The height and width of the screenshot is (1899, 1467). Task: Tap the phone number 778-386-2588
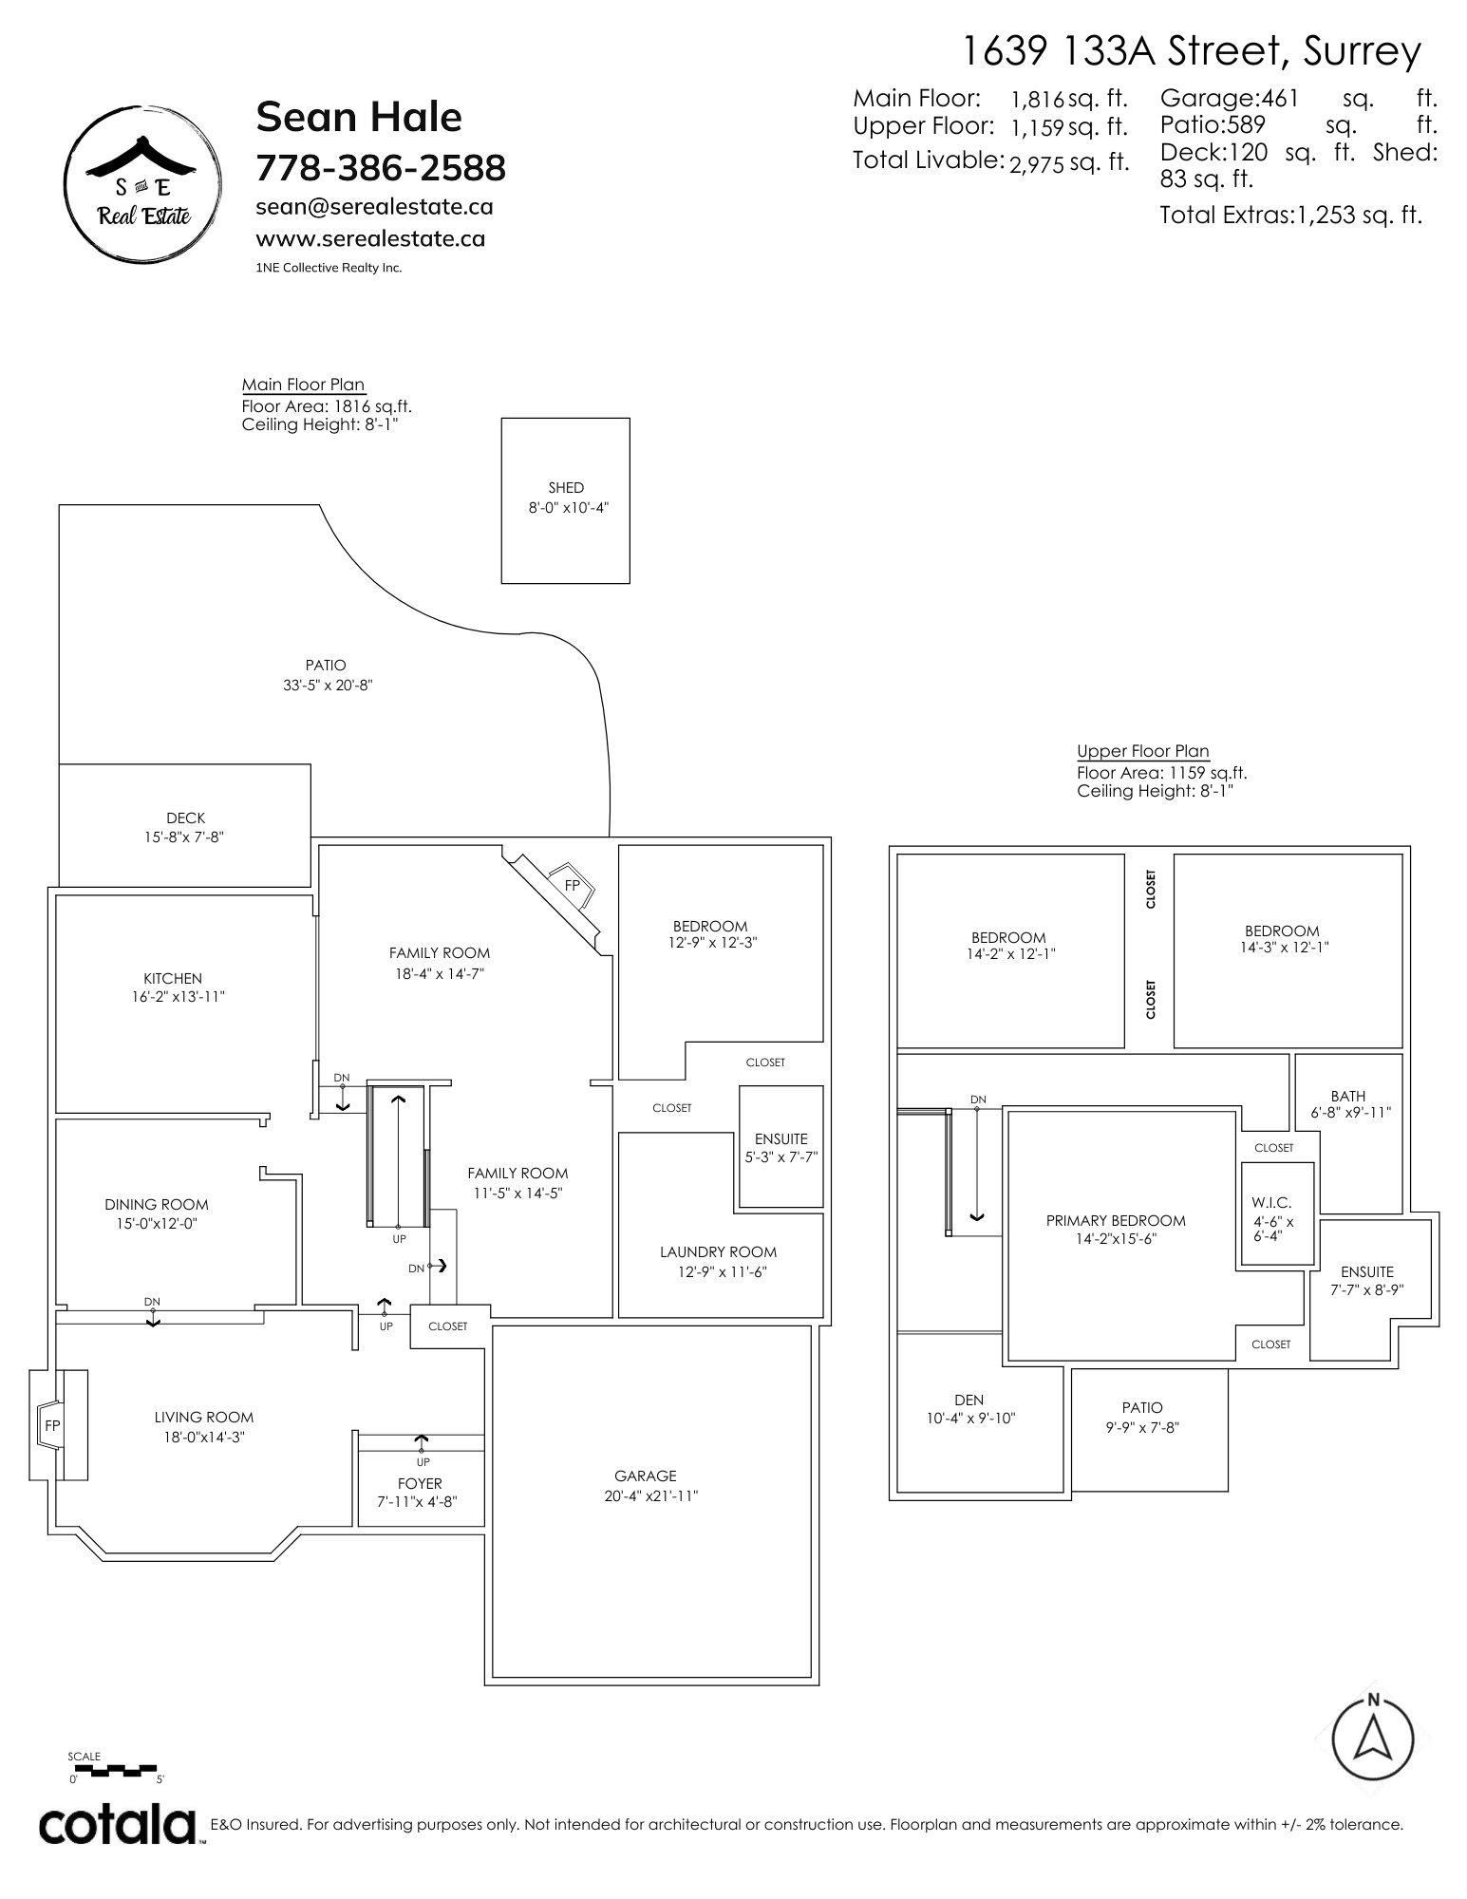[381, 168]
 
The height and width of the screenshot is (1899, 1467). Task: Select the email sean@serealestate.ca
[375, 207]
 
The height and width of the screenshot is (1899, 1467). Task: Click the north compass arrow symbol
[1372, 1736]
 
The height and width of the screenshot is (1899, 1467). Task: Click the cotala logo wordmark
[117, 1825]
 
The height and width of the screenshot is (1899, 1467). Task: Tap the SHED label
[566, 487]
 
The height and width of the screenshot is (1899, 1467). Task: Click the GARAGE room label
[646, 1476]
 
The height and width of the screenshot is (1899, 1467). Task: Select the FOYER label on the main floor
[420, 1483]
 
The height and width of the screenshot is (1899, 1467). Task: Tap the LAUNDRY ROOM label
[719, 1251]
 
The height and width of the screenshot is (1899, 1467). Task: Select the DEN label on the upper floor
[969, 1400]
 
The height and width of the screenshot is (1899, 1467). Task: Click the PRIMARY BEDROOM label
[1116, 1220]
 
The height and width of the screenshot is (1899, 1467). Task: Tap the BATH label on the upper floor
[1348, 1096]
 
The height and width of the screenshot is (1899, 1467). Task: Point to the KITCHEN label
[173, 978]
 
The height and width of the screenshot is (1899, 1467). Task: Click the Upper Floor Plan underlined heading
[1143, 751]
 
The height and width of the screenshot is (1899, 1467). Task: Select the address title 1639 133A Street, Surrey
[1193, 51]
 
